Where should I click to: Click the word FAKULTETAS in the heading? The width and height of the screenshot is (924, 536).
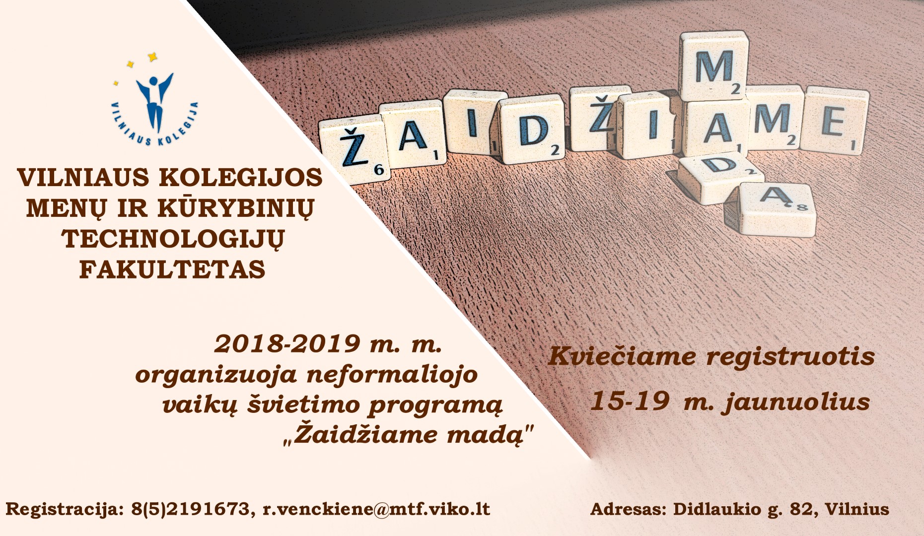(172, 270)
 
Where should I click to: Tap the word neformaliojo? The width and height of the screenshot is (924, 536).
(392, 374)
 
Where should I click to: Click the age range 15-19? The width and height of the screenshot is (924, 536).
(629, 402)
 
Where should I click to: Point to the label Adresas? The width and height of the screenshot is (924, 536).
(629, 510)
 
